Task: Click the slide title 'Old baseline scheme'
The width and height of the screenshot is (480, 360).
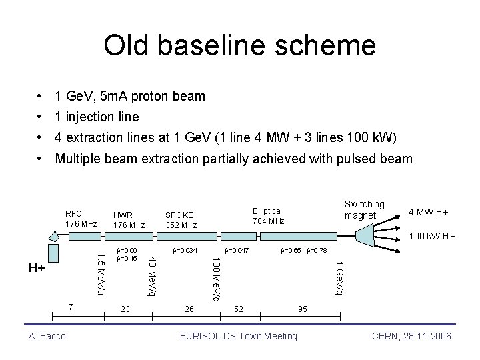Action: tap(239, 46)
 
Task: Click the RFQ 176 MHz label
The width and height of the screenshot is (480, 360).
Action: tap(81, 217)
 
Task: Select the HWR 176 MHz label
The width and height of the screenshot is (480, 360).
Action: tap(129, 219)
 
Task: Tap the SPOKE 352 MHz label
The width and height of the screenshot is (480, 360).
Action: tap(181, 219)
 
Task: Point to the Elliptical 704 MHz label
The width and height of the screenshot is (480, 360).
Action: tap(268, 215)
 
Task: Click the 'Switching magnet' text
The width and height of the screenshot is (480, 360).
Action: tap(364, 209)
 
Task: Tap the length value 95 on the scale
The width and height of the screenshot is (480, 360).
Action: tap(303, 309)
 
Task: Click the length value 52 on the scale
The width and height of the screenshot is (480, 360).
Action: tap(239, 309)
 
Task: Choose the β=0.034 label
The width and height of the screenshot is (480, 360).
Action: tap(185, 251)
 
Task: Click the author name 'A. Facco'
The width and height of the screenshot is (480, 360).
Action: tap(47, 336)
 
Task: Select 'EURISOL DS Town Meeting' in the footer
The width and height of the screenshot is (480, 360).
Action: tap(239, 336)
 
